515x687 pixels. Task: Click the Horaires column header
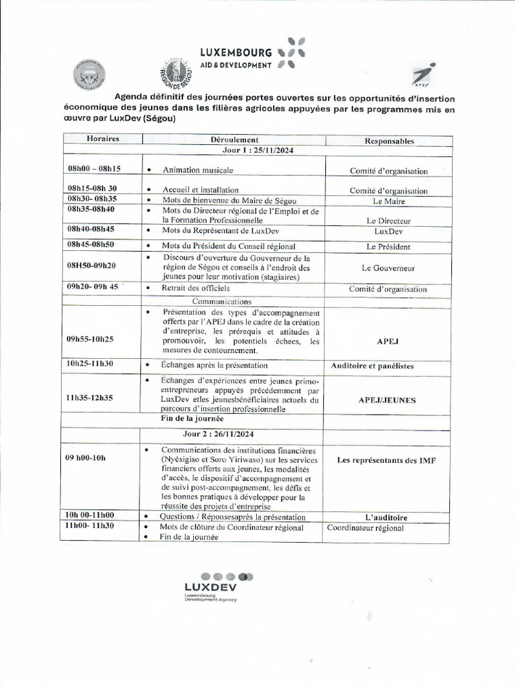click(103, 139)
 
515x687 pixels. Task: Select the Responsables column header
click(389, 141)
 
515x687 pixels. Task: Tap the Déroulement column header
click(234, 140)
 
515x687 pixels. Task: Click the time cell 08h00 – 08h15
click(94, 170)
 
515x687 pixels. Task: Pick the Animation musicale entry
click(197, 170)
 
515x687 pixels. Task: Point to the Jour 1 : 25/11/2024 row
click(234, 150)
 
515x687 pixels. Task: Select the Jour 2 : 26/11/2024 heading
click(234, 434)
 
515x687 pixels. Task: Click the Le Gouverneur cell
click(388, 268)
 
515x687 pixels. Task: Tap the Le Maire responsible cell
click(389, 201)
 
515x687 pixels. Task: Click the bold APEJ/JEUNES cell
click(387, 400)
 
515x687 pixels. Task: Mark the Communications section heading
click(221, 301)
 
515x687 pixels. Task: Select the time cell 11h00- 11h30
click(90, 526)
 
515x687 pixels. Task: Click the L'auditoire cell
click(386, 517)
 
